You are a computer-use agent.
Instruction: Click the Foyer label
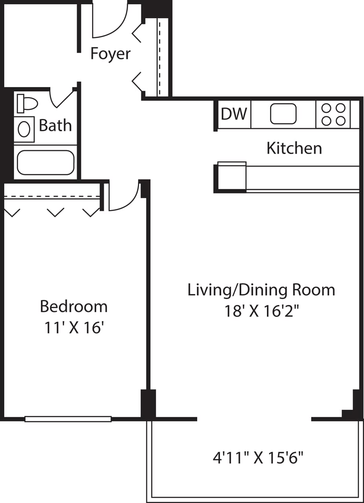click(x=110, y=54)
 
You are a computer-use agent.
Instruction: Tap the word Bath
click(x=55, y=126)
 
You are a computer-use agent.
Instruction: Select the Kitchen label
click(x=294, y=148)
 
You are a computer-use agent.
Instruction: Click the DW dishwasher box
click(x=234, y=114)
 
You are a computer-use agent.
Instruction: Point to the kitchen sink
click(x=283, y=114)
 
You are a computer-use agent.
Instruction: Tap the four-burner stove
click(x=333, y=114)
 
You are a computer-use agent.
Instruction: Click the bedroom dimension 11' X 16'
click(x=74, y=328)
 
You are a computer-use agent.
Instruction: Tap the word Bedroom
click(x=74, y=306)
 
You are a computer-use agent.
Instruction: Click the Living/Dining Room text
click(x=261, y=290)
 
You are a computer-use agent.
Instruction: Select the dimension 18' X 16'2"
click(x=261, y=311)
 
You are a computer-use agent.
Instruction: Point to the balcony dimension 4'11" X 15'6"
click(x=258, y=458)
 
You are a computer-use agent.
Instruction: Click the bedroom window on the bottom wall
click(x=68, y=419)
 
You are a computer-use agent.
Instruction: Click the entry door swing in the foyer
click(x=110, y=22)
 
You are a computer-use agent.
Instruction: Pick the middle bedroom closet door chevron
click(x=55, y=213)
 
